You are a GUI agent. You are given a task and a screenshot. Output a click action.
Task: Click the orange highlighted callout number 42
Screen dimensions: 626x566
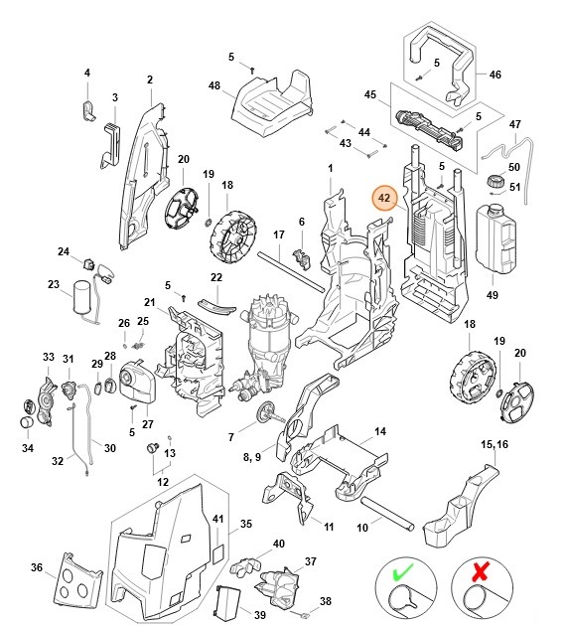pyautogui.click(x=384, y=199)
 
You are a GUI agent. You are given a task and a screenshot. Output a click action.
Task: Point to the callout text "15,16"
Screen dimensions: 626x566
pyautogui.click(x=495, y=443)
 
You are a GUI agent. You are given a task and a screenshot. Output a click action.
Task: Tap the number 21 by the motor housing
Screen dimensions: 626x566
pyautogui.click(x=150, y=302)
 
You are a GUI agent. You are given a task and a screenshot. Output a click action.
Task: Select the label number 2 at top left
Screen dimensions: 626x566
pyautogui.click(x=149, y=79)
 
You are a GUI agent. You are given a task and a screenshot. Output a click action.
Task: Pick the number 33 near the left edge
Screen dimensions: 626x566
pyautogui.click(x=48, y=357)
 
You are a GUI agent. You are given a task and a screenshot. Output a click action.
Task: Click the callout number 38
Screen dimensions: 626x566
pyautogui.click(x=327, y=600)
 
